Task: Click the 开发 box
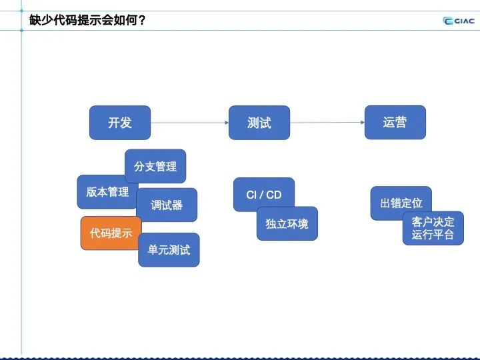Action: pyautogui.click(x=120, y=123)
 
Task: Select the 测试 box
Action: pyautogui.click(x=259, y=123)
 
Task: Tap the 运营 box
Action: pyautogui.click(x=395, y=123)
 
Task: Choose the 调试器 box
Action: pyautogui.click(x=167, y=205)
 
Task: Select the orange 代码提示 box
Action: pyautogui.click(x=110, y=233)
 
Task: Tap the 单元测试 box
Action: pyautogui.click(x=169, y=250)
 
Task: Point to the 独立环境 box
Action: pyautogui.click(x=287, y=224)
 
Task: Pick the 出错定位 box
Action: pyautogui.click(x=401, y=203)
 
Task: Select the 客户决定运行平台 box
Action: pyautogui.click(x=433, y=228)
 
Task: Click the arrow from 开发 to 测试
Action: pyautogui.click(x=189, y=123)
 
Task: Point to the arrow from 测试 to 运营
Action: pyautogui.click(x=327, y=123)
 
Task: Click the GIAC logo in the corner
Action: pyautogui.click(x=459, y=20)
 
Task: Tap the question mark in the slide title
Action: pyautogui.click(x=141, y=20)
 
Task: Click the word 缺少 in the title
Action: pyautogui.click(x=41, y=20)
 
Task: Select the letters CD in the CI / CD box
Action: pyautogui.click(x=273, y=195)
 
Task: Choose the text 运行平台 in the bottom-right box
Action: pyautogui.click(x=433, y=235)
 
